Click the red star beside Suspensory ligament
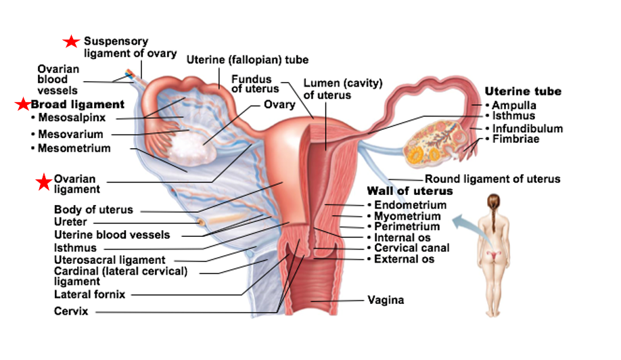click(x=71, y=42)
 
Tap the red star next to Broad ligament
click(x=23, y=104)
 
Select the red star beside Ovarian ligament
click(x=44, y=181)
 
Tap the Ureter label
click(x=70, y=221)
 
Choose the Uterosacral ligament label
click(x=110, y=260)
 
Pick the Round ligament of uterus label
click(x=492, y=179)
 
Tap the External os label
click(x=405, y=259)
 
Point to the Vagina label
click(x=386, y=300)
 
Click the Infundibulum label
click(x=527, y=129)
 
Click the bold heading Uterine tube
click(x=523, y=91)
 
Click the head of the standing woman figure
click(x=499, y=201)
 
